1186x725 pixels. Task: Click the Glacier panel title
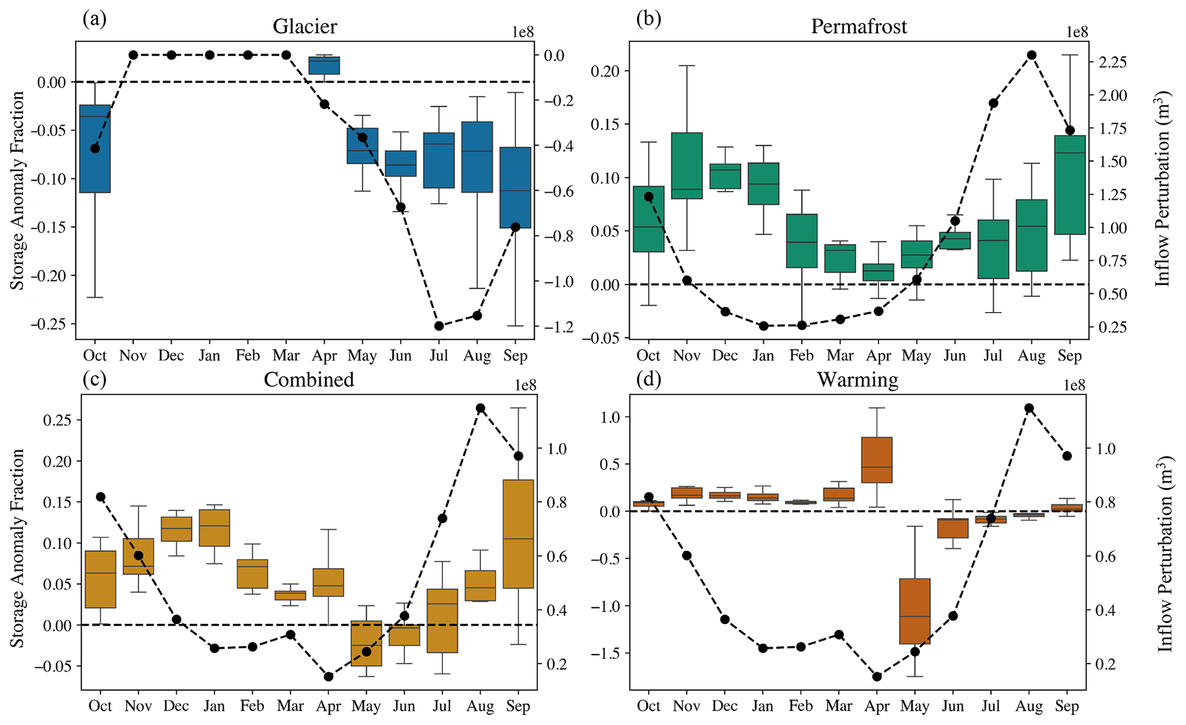[305, 26]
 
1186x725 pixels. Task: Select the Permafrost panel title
[858, 26]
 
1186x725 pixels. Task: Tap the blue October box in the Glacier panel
[95, 149]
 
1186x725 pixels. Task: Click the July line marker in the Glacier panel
[439, 326]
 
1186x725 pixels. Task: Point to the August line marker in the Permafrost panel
[1031, 55]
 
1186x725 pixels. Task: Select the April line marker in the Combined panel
[329, 677]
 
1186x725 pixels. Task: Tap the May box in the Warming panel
[915, 611]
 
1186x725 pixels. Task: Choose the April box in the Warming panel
[877, 460]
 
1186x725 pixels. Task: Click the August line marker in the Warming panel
[1029, 408]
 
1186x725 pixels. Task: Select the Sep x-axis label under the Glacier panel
[515, 356]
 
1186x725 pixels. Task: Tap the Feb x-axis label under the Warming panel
[800, 706]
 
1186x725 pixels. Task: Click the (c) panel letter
[95, 380]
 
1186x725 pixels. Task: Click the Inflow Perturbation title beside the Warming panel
[1164, 554]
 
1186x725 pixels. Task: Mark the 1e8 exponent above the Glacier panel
[523, 32]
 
